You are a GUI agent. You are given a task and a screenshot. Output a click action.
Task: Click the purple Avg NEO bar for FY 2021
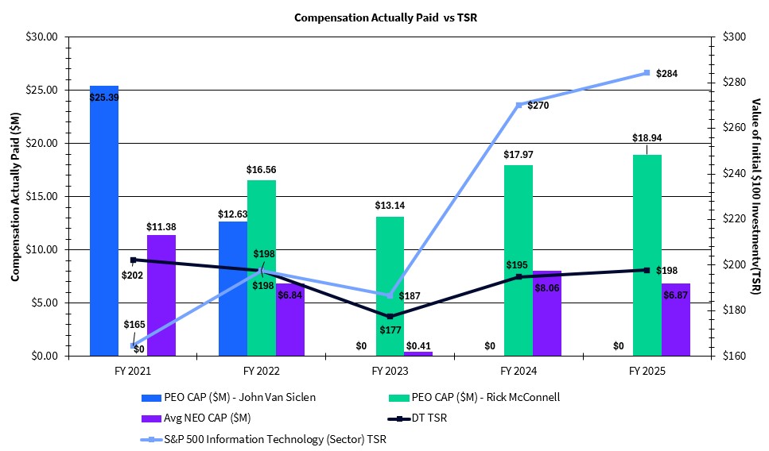tap(161, 295)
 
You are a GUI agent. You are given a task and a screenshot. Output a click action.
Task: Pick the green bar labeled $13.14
tap(390, 286)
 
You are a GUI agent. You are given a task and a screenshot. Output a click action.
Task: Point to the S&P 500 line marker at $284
tap(647, 72)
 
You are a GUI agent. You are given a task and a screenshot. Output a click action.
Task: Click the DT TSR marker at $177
tap(390, 317)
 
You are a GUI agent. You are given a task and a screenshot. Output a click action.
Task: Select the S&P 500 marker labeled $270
tap(518, 105)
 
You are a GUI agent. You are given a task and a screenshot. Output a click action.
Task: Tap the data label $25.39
tap(104, 97)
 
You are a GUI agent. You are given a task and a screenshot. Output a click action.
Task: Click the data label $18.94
tap(647, 137)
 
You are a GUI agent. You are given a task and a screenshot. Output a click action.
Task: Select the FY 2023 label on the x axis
tap(390, 371)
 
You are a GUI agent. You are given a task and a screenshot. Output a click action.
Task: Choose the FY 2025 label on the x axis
tap(647, 371)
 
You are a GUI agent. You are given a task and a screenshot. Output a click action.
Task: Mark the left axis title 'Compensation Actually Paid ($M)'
tap(14, 196)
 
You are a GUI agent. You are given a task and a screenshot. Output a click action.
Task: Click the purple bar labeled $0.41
tap(418, 353)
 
